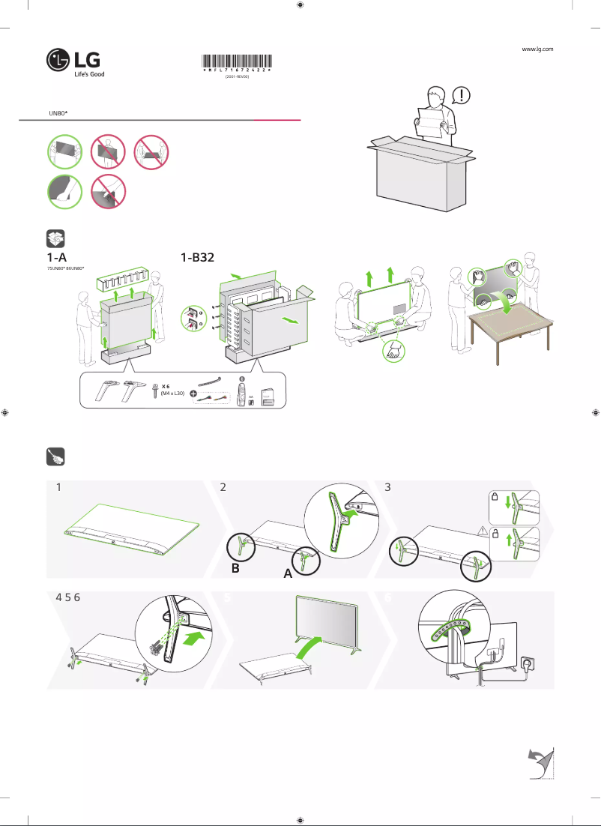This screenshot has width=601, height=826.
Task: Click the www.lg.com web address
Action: coord(537,49)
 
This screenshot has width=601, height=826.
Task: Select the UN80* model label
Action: coord(58,112)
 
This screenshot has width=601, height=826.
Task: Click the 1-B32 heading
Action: coord(198,257)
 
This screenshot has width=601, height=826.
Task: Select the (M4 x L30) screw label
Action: coord(168,394)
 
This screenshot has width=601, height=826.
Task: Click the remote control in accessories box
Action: coord(241,393)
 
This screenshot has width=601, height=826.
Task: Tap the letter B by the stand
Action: coord(235,569)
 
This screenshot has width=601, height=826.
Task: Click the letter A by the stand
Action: coord(286,575)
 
